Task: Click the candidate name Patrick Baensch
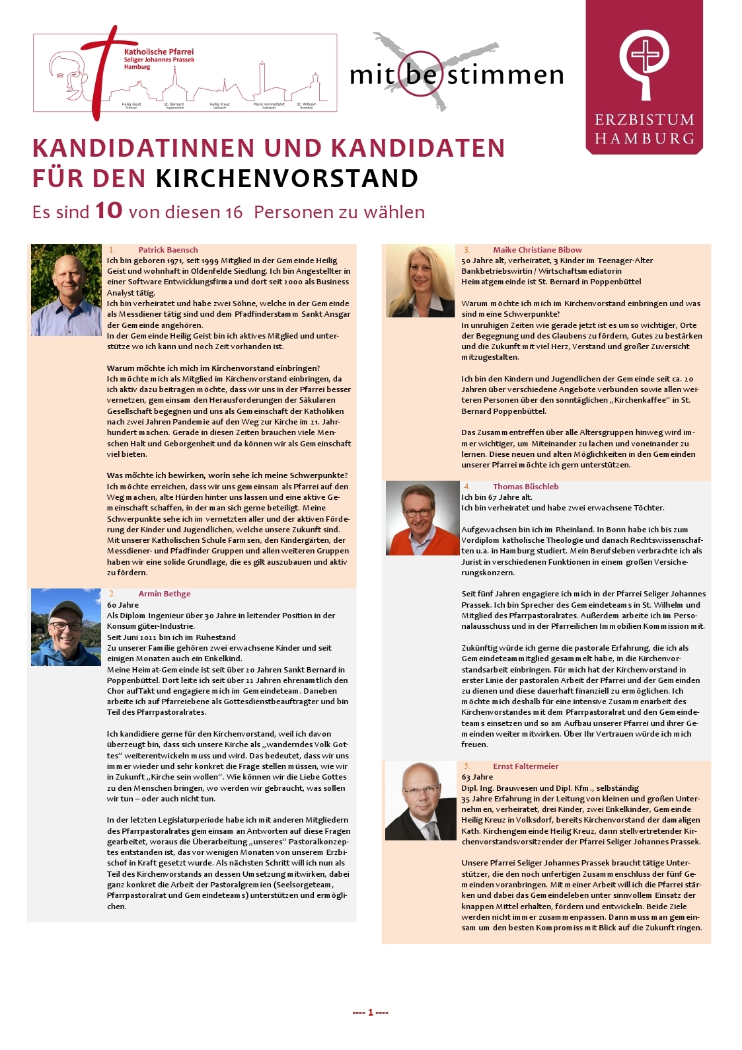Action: (168, 250)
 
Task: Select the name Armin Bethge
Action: (164, 594)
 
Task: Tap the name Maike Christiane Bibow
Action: (537, 250)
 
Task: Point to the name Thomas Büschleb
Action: (525, 487)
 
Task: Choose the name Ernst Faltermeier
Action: (525, 766)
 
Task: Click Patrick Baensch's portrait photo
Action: (66, 290)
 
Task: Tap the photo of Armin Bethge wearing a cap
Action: (66, 627)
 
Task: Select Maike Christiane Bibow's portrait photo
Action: (420, 281)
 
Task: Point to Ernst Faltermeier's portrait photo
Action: (420, 801)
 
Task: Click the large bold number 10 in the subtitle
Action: (109, 211)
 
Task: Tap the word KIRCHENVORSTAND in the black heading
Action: (287, 179)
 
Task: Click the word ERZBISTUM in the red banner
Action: (644, 120)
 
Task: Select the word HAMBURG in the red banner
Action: (644, 139)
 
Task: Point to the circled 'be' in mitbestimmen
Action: (421, 74)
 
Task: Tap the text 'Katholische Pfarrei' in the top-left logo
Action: (159, 52)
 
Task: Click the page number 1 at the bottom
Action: (371, 1012)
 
